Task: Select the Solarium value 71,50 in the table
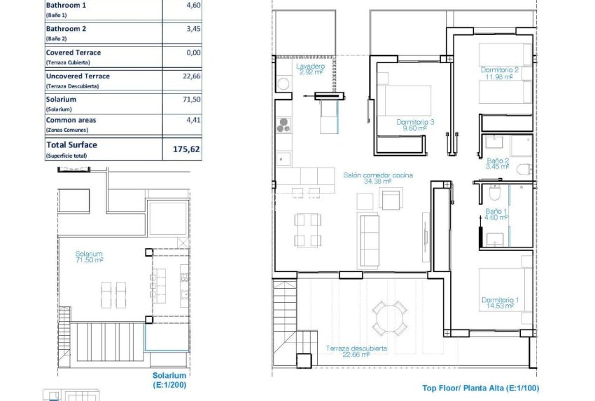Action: [x=191, y=100]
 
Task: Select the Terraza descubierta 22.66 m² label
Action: [x=356, y=351]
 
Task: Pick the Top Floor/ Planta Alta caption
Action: [x=480, y=388]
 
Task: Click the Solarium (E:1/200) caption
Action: [x=170, y=379]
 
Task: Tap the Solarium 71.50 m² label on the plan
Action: [x=90, y=257]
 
